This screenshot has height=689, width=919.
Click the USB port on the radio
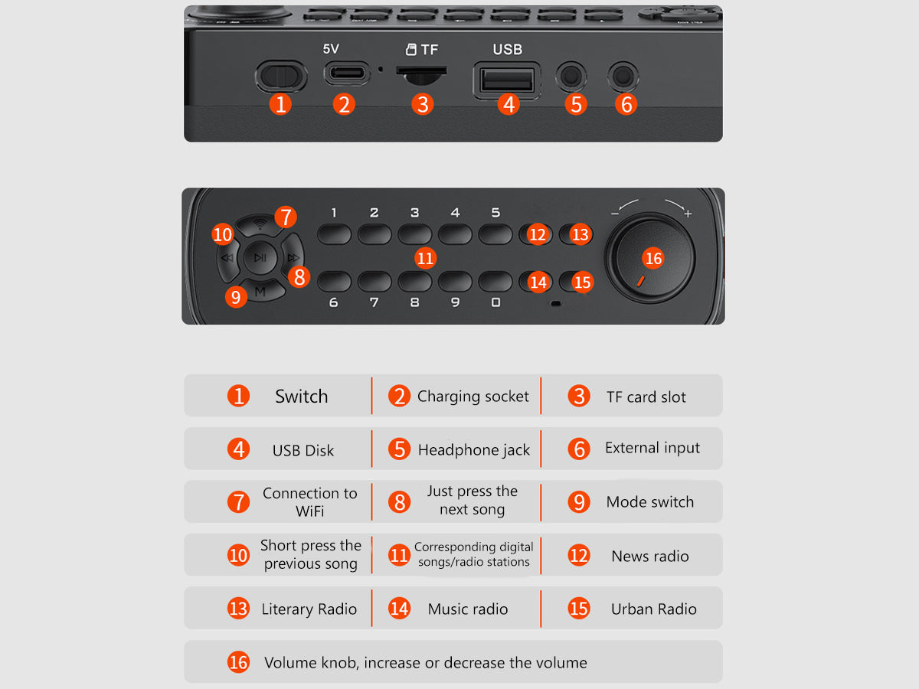coord(507,80)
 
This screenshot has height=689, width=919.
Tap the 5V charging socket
coord(347,73)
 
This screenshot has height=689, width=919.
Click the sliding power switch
coord(281,76)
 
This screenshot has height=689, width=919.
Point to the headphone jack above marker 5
coord(571,77)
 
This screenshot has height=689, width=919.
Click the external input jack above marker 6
coord(623,77)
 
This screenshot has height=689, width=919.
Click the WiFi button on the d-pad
coord(260,226)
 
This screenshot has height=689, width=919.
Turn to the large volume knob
coord(649,257)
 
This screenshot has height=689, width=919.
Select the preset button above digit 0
coord(495,281)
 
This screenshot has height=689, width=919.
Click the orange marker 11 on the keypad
coord(425,258)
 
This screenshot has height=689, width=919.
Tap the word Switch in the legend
coord(302,396)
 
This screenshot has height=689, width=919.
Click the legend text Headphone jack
coord(474,449)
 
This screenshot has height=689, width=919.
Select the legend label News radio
coord(649,556)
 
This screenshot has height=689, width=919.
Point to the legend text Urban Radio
coord(653,609)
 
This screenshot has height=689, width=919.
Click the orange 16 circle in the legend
coord(238,662)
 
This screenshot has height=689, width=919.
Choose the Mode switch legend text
coord(649,501)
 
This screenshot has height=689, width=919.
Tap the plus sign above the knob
coord(688,214)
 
